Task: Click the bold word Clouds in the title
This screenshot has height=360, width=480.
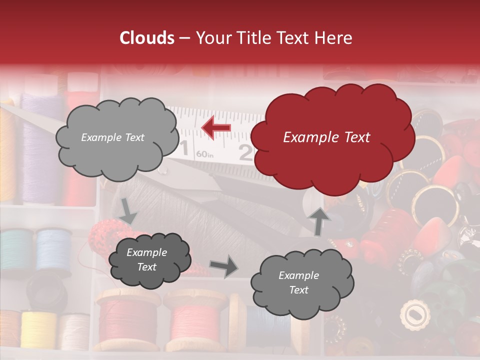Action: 147,38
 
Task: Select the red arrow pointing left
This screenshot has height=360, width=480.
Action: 216,128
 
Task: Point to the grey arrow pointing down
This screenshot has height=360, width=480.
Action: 128,211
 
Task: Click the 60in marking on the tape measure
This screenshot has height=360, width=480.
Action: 204,154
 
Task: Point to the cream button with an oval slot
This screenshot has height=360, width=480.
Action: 415,315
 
